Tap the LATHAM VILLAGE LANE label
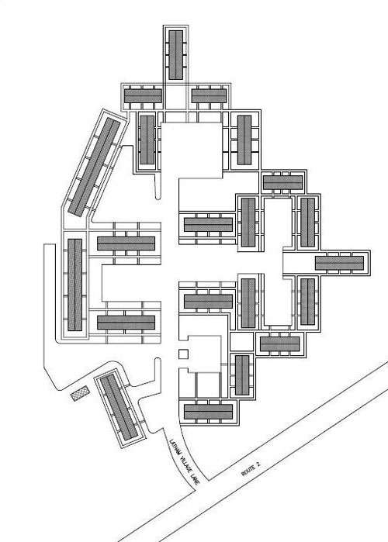183,462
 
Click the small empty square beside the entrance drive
183,354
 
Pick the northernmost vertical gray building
175,54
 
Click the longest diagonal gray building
95,167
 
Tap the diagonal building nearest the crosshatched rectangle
119,407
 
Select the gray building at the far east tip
339,263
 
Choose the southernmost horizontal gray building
208,412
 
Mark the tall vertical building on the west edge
74,285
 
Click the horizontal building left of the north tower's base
143,96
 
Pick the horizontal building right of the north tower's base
209,96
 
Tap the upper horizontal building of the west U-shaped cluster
126,243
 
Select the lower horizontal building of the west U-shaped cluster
126,322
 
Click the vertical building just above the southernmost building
242,375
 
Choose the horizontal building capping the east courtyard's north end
283,182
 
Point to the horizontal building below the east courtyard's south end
280,343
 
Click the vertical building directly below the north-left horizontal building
147,140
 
